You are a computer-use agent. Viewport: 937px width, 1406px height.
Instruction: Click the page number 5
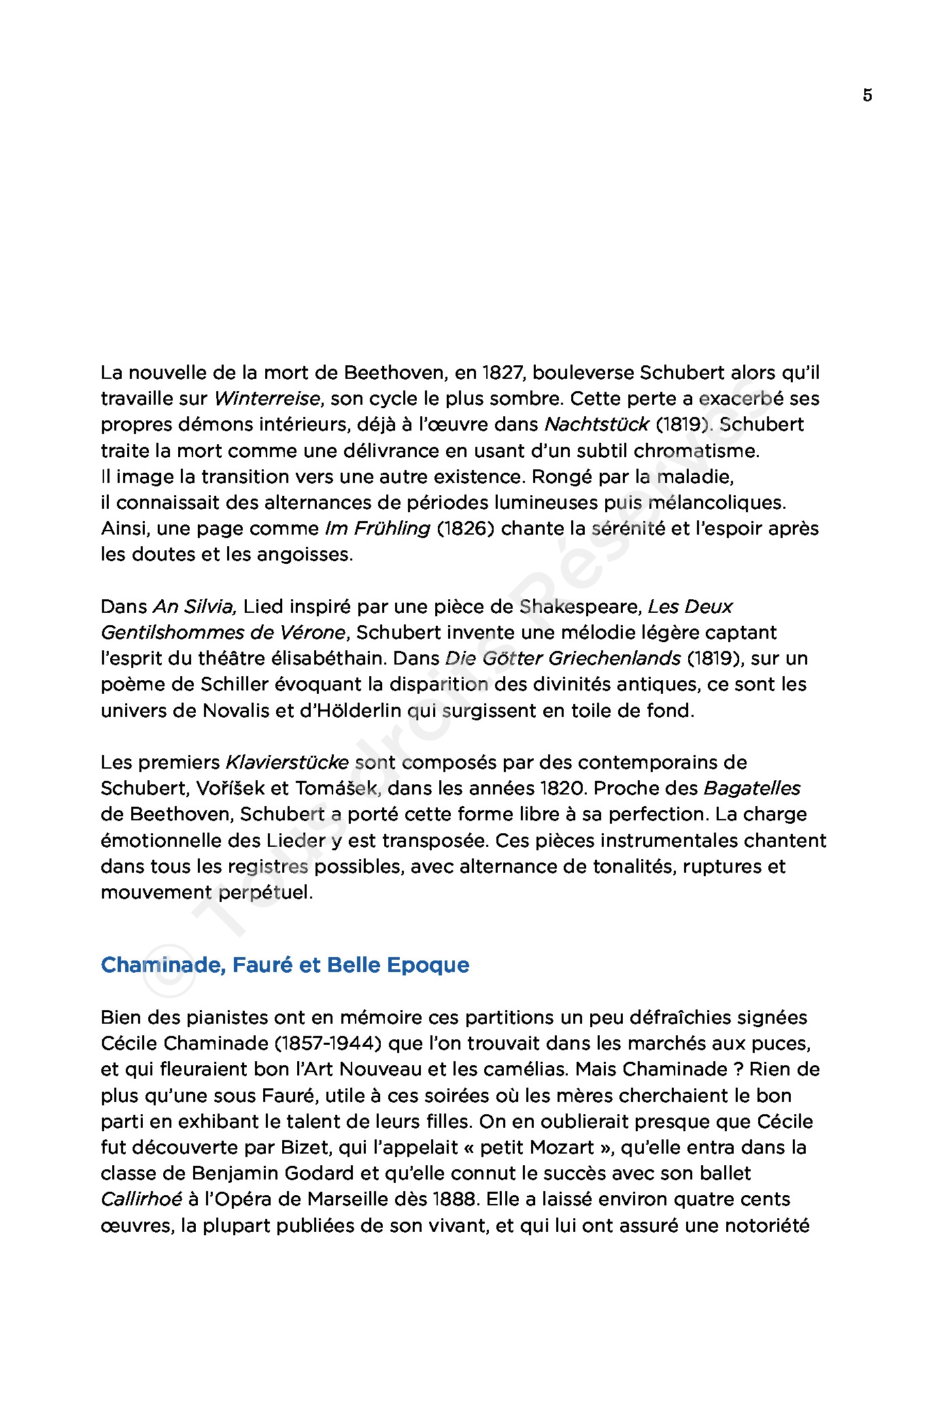click(x=867, y=95)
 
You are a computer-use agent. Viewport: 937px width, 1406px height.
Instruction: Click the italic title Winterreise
click(x=267, y=399)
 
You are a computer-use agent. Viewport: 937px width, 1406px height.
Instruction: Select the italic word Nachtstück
click(x=596, y=424)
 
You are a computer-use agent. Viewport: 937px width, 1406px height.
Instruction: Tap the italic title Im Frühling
click(x=377, y=529)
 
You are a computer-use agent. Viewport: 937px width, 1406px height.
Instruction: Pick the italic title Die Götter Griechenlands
click(x=562, y=658)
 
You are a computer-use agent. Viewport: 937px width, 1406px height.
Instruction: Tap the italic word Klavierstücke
click(x=287, y=763)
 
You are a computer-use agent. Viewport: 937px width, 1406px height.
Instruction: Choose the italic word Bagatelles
click(x=751, y=788)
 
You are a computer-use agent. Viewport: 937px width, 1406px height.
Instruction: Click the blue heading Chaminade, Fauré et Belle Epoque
click(x=284, y=965)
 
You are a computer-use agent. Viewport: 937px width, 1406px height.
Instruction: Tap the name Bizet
click(x=299, y=1148)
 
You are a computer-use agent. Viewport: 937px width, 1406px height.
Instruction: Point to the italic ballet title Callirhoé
click(x=141, y=1199)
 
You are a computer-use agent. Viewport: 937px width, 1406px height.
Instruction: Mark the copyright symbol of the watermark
click(x=167, y=978)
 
